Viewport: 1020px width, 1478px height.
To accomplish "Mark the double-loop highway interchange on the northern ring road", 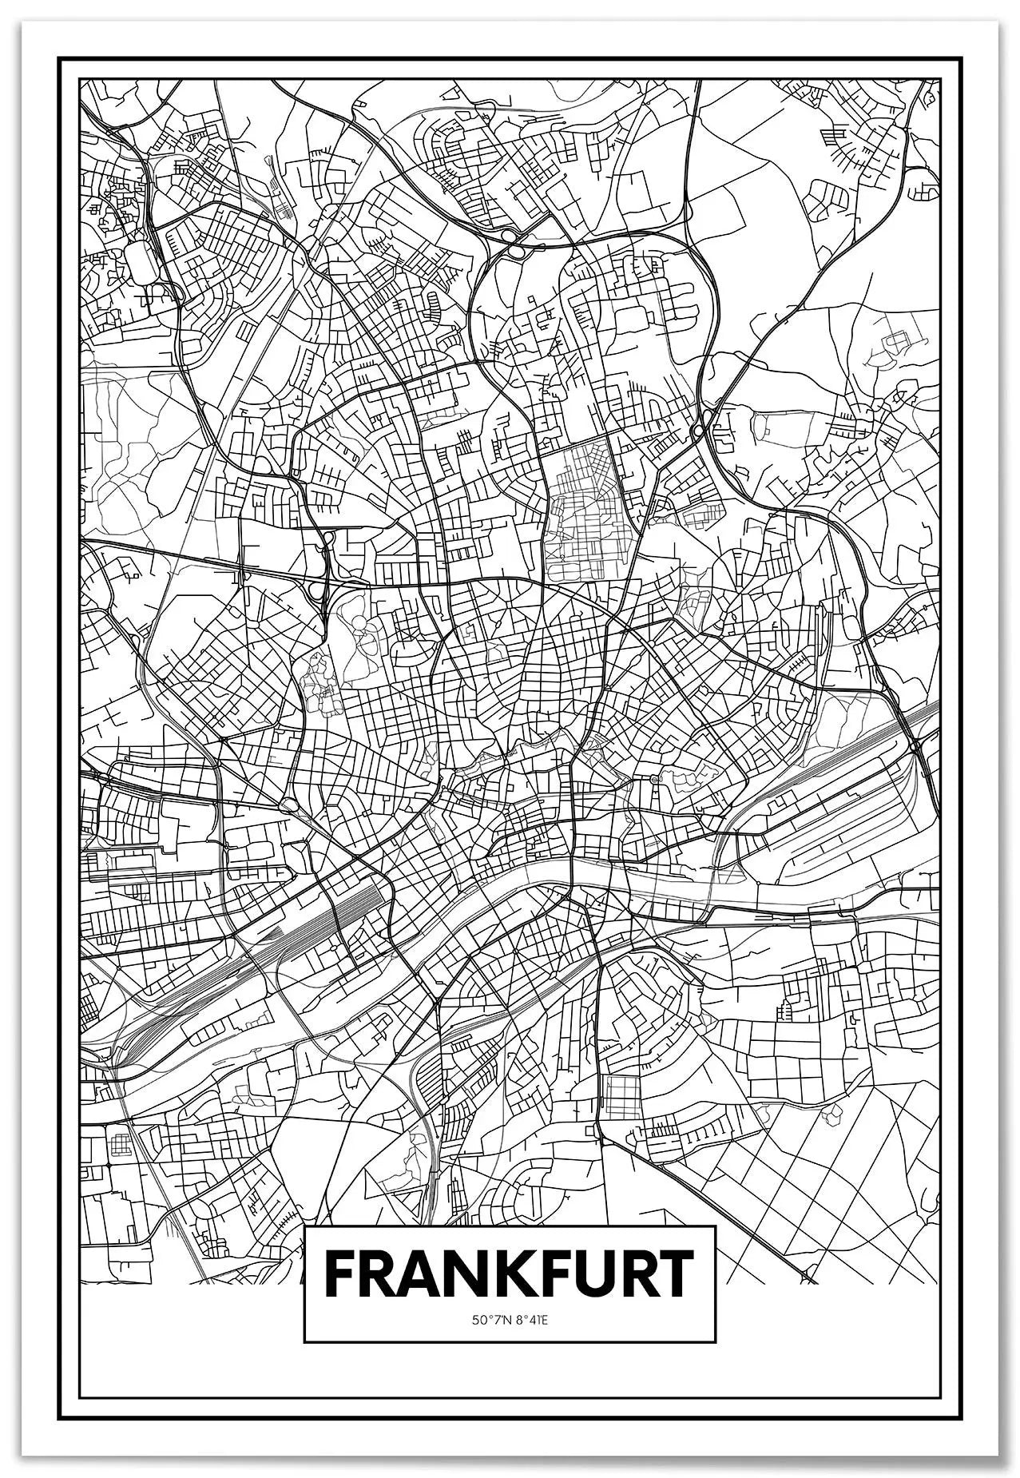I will (512, 243).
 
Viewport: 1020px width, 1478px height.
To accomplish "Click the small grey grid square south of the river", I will (617, 1095).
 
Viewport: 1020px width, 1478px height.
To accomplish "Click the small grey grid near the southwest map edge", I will (120, 1145).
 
